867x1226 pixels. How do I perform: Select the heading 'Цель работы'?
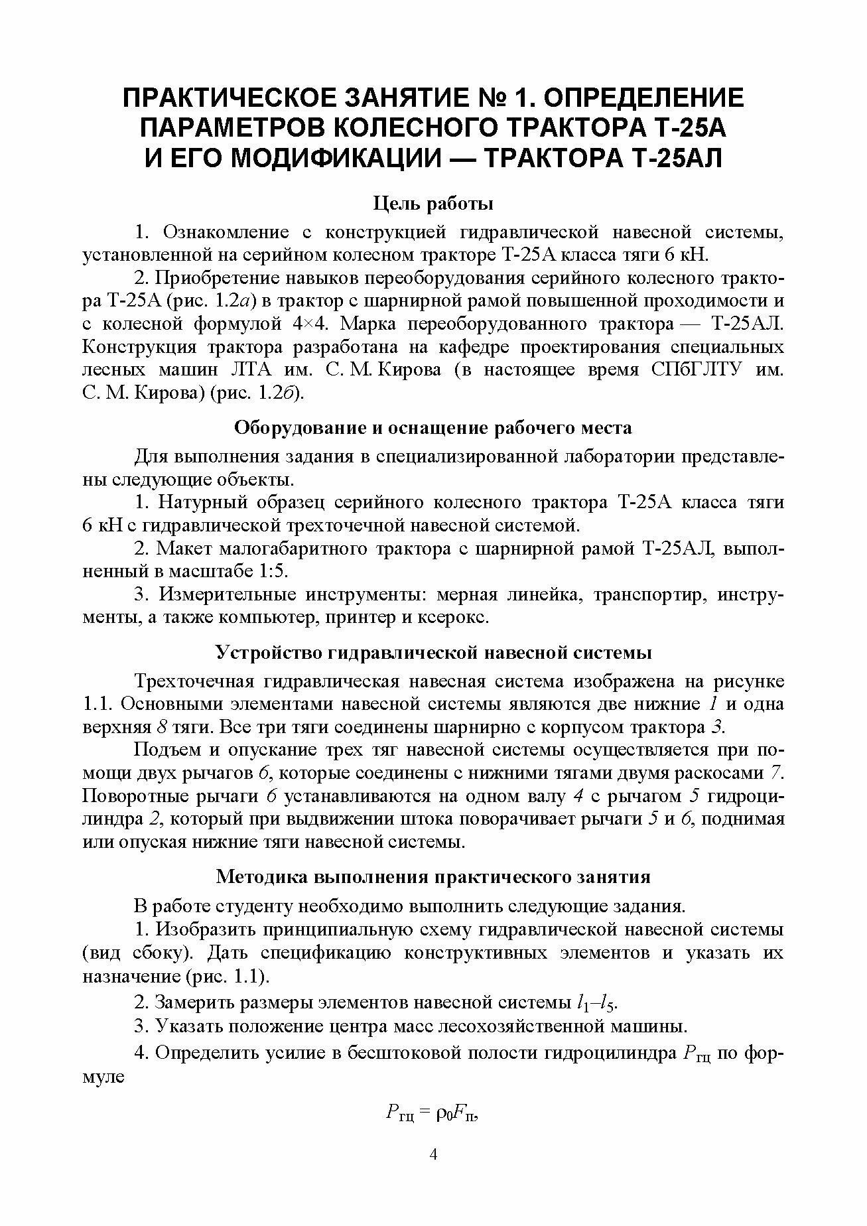[x=433, y=203]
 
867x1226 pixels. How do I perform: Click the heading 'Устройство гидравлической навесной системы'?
[x=434, y=653]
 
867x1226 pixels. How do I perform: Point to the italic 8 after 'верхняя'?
[x=163, y=727]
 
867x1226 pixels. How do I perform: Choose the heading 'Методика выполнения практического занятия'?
[x=433, y=877]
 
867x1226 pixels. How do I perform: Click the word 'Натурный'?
[x=198, y=503]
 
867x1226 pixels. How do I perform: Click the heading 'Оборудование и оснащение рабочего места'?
[x=433, y=428]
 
